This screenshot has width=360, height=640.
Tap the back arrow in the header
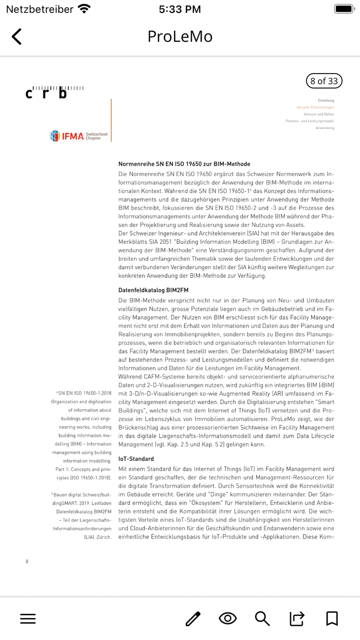pyautogui.click(x=16, y=37)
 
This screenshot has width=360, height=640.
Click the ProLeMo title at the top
pyautogui.click(x=180, y=37)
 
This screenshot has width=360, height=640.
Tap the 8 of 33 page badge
pyautogui.click(x=323, y=81)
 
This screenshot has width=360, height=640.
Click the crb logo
pyautogui.click(x=54, y=93)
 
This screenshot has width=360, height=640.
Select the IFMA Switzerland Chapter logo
pyautogui.click(x=79, y=136)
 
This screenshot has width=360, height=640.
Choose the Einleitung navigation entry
pyautogui.click(x=326, y=100)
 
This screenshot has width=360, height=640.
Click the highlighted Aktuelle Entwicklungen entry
pyautogui.click(x=315, y=107)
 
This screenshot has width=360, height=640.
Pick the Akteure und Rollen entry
pyautogui.click(x=318, y=114)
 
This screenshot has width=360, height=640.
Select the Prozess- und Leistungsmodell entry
pyautogui.click(x=310, y=121)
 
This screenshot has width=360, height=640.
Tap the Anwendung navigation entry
pyautogui.click(x=325, y=128)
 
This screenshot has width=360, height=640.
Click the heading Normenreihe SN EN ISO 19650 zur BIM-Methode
pyautogui.click(x=184, y=164)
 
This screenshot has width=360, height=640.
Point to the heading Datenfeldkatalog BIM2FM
pyautogui.click(x=153, y=290)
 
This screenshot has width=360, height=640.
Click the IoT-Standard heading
pyautogui.click(x=136, y=459)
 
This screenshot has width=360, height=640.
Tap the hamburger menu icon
pyautogui.click(x=28, y=618)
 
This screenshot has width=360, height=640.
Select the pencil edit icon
pyautogui.click(x=193, y=618)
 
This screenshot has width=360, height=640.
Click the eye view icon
pyautogui.click(x=227, y=618)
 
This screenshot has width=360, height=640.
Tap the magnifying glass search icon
pyautogui.click(x=262, y=618)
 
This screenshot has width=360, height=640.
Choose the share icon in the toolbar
pyautogui.click(x=297, y=618)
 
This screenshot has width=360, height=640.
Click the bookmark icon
pyautogui.click(x=332, y=618)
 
